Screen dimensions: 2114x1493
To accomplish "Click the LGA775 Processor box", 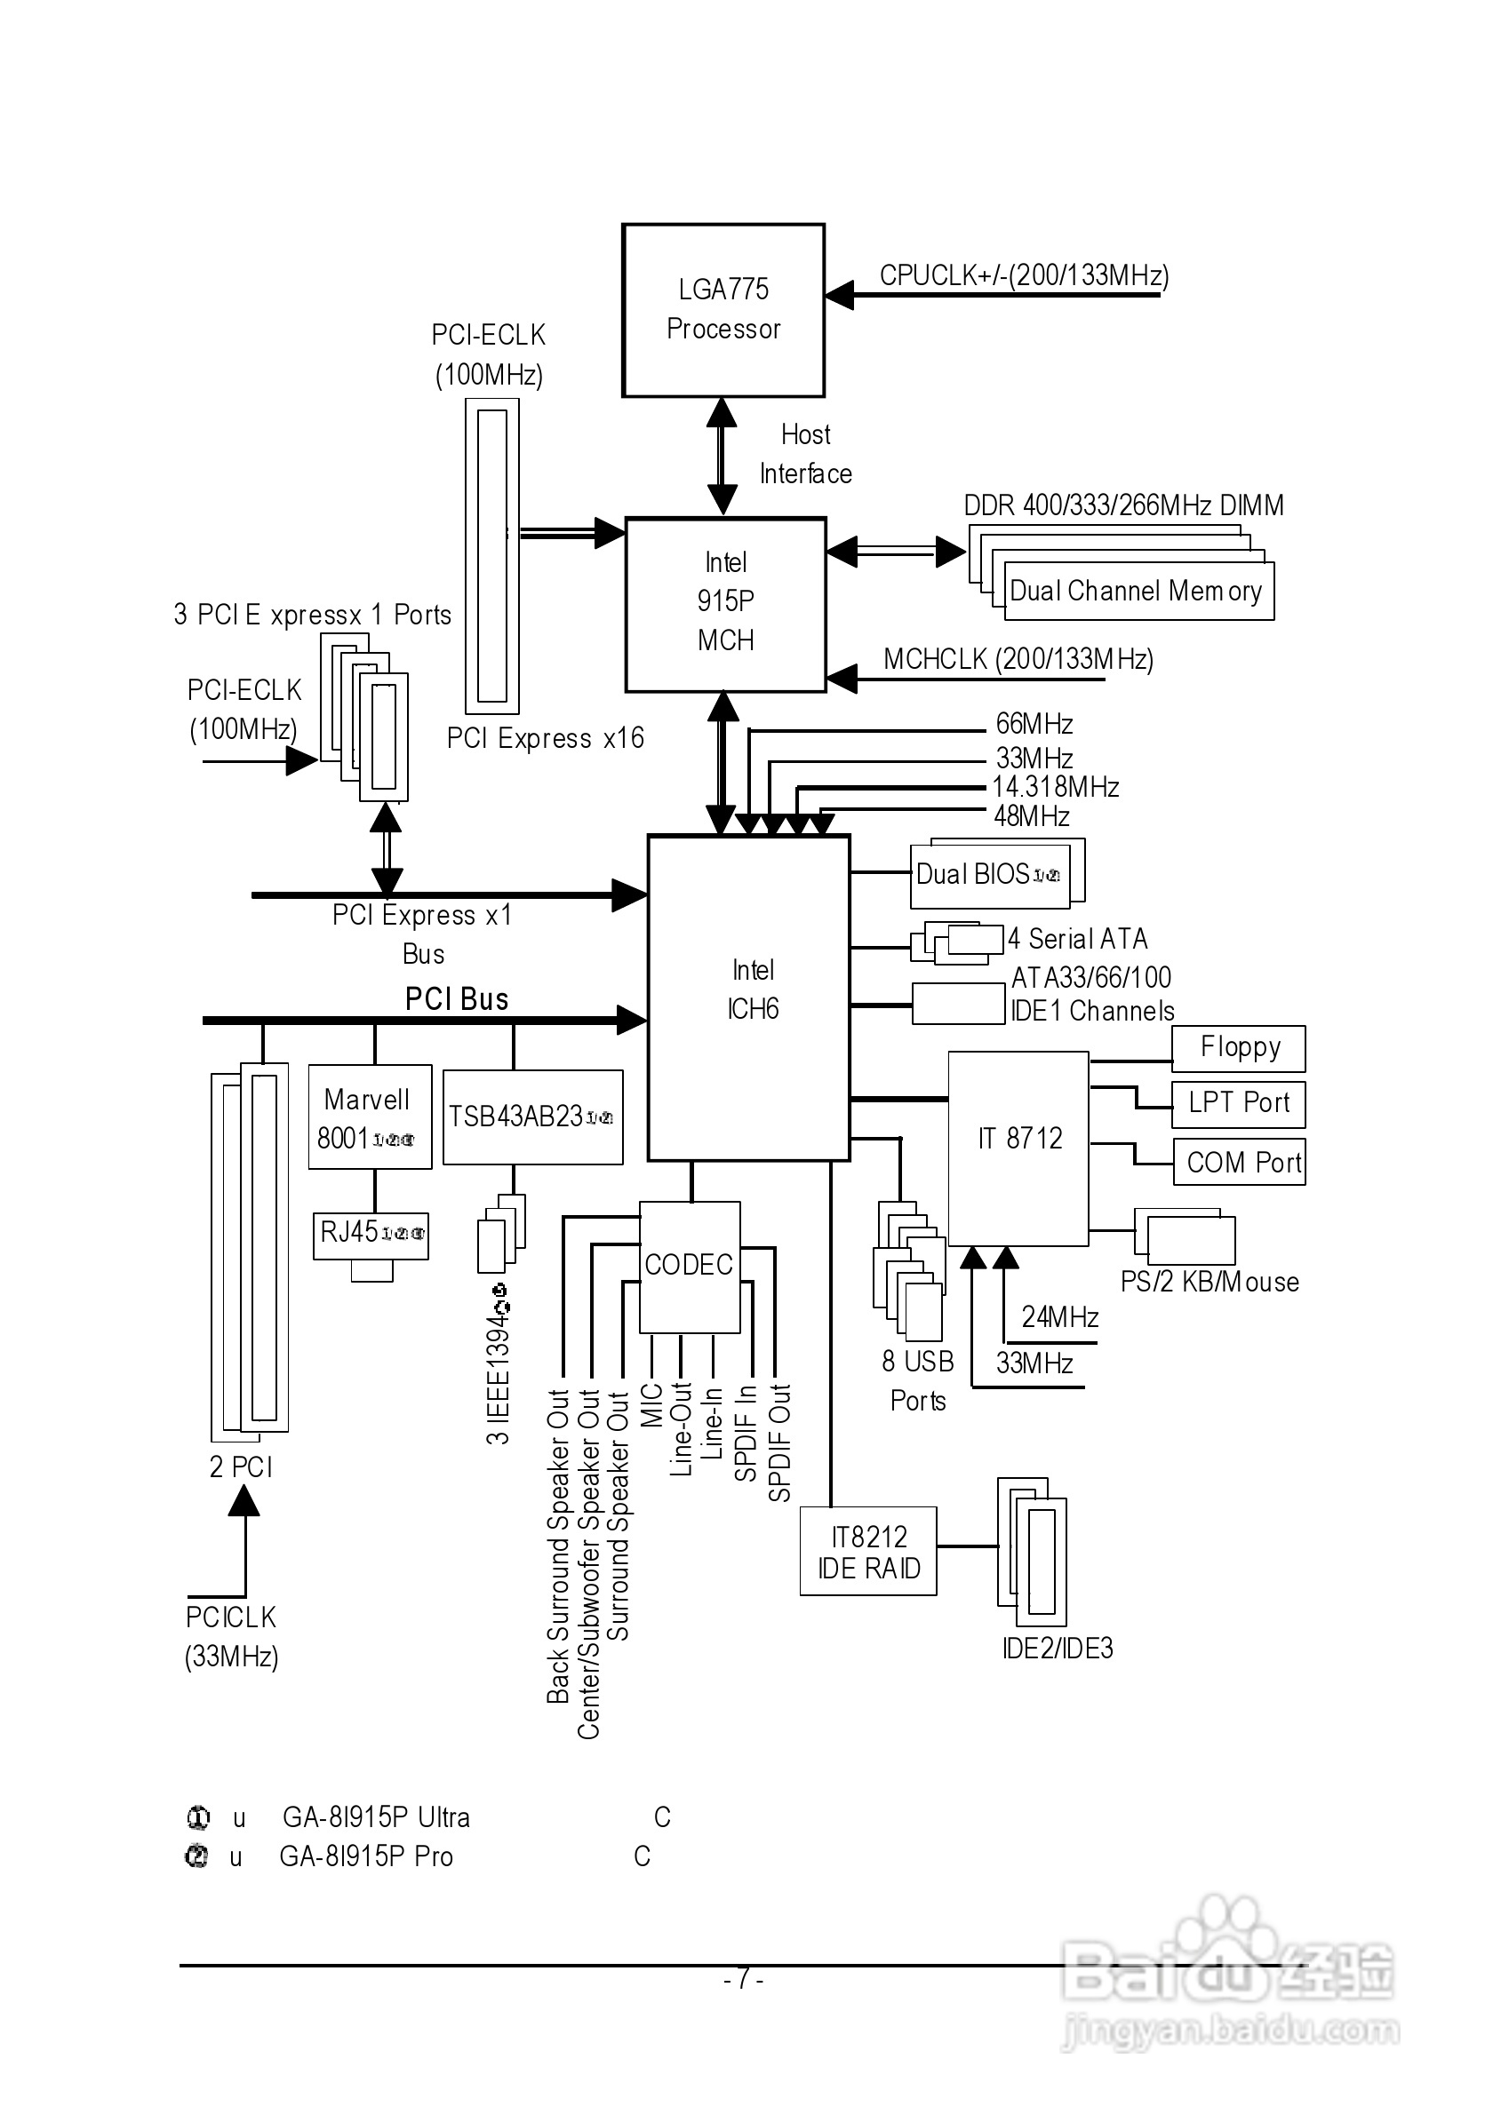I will [723, 310].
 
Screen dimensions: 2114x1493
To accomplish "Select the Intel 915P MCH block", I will [726, 604].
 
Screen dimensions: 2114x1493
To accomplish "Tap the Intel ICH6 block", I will [749, 998].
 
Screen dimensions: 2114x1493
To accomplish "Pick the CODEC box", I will [689, 1266].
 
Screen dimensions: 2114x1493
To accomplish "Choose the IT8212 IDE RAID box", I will [867, 1552].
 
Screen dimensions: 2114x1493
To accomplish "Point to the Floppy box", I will [1239, 1048].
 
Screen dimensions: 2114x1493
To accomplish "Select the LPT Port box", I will [1239, 1103].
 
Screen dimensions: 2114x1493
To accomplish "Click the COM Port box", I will [1240, 1162].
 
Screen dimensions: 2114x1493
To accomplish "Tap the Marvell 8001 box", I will [370, 1117].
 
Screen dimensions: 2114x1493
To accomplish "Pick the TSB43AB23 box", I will [532, 1117].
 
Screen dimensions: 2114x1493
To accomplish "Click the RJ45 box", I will [371, 1235].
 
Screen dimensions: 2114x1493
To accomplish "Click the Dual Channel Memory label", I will [1136, 591].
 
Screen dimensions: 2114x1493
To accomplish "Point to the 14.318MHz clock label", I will [1056, 787].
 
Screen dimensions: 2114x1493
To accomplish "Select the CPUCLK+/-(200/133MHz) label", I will [1023, 275].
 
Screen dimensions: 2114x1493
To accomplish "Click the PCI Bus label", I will [457, 999].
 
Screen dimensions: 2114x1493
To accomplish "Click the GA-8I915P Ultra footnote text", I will [376, 1816].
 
